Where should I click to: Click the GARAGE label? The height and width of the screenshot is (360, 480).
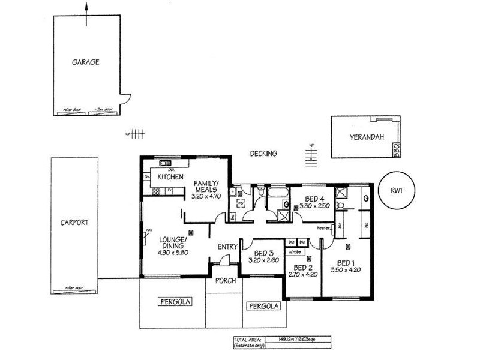click(86, 62)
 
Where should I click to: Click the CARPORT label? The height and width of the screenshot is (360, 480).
click(75, 222)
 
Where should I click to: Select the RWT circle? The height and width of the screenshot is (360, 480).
click(397, 192)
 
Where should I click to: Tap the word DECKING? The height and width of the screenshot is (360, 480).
click(264, 154)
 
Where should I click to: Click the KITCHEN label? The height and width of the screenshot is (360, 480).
click(170, 178)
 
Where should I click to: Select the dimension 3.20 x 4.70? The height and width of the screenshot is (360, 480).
click(206, 196)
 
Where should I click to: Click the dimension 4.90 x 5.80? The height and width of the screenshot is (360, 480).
click(174, 253)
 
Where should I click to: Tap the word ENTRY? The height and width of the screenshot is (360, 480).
click(228, 247)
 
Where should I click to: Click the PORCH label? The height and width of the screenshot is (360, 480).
click(225, 281)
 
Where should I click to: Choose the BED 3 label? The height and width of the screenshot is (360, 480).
click(264, 253)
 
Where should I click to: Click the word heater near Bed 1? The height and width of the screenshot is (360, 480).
click(325, 227)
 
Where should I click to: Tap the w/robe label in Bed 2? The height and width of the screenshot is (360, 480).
click(294, 252)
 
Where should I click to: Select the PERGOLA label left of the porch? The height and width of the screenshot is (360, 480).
click(175, 302)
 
